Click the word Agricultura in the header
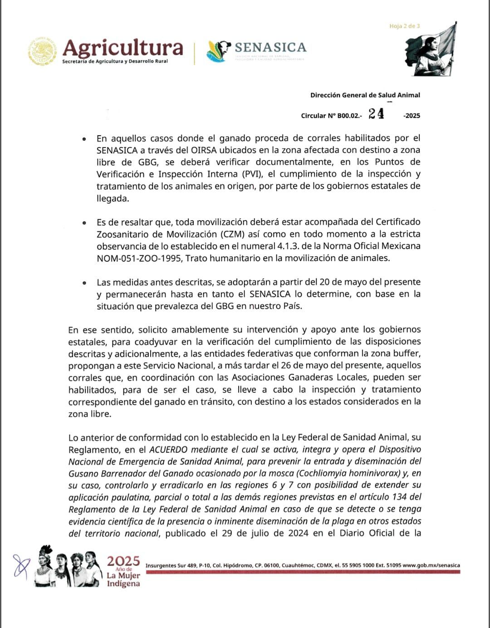[x=122, y=48]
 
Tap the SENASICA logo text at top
[x=270, y=47]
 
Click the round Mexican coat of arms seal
[x=43, y=51]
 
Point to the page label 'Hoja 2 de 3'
[x=404, y=26]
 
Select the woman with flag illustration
[x=431, y=51]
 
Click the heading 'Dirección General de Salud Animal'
[x=365, y=95]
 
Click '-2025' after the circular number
[x=412, y=116]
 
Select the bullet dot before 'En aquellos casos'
[x=84, y=139]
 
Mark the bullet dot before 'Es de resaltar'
[x=84, y=223]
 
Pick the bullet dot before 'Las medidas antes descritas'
[x=84, y=283]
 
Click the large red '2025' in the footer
[x=123, y=561]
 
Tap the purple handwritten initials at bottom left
[x=22, y=565]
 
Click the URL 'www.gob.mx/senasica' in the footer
[x=431, y=565]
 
